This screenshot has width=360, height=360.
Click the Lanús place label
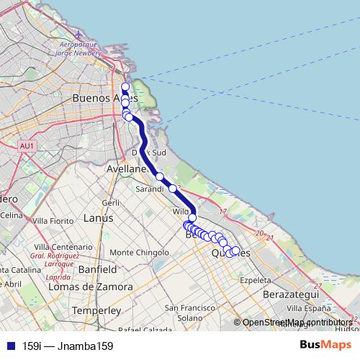[99, 217]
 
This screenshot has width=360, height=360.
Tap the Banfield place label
[97, 269]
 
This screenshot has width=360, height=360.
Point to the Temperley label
[96, 310]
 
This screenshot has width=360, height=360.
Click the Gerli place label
[110, 203]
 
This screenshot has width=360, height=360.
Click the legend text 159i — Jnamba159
[68, 346]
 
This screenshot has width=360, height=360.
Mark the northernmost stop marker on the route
[125, 87]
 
